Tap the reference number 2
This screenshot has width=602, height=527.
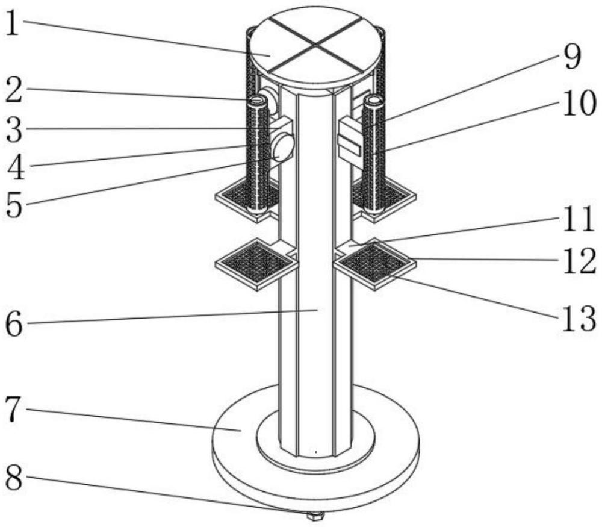click(x=13, y=92)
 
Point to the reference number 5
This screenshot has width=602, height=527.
click(x=13, y=205)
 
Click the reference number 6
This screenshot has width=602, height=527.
click(x=13, y=325)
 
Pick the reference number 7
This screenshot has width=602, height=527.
click(x=13, y=410)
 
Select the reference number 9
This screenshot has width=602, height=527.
click(x=571, y=58)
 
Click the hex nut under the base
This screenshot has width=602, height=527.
click(x=315, y=516)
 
